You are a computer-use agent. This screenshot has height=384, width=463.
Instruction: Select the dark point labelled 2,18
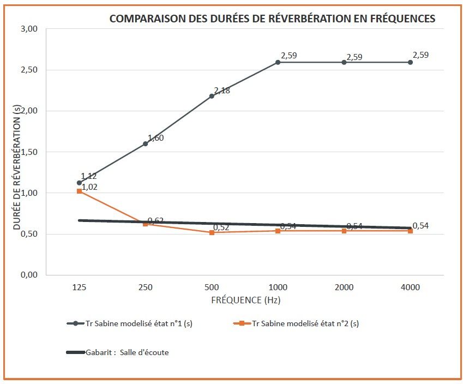(212, 96)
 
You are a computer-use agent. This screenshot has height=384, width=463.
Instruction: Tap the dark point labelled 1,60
(146, 143)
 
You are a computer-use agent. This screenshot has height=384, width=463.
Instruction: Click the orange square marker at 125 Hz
(80, 191)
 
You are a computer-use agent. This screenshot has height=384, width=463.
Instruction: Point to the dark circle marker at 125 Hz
(80, 183)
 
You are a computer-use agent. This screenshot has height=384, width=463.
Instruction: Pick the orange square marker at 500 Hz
(212, 232)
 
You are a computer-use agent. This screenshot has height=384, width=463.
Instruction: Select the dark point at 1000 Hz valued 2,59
(278, 62)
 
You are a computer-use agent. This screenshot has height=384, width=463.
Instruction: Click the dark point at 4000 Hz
(410, 62)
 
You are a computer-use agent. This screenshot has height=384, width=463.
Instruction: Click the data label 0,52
(221, 227)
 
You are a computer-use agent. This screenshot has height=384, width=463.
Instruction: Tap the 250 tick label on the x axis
(146, 287)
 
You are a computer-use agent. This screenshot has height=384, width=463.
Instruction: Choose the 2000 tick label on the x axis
(344, 287)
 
